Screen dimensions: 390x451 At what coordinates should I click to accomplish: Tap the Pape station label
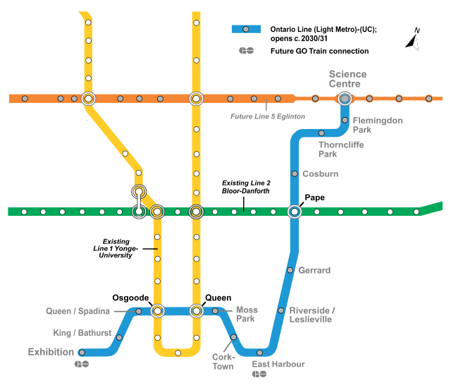[x=314, y=197]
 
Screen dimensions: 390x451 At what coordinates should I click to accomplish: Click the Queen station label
[x=218, y=297]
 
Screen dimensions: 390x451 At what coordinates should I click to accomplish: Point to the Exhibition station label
[x=51, y=352]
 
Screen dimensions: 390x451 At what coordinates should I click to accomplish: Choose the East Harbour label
[x=278, y=364]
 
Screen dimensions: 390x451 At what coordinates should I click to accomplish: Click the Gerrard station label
[x=314, y=270]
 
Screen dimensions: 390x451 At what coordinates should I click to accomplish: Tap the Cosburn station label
[x=321, y=173]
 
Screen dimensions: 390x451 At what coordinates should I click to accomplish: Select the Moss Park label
[x=247, y=315]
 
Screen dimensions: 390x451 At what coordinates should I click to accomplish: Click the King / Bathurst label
[x=82, y=333]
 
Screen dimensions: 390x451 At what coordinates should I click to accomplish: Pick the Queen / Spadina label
[x=78, y=311]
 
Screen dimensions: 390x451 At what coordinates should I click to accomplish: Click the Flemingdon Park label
[x=377, y=125]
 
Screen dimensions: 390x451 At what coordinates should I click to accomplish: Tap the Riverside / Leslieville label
[x=312, y=315]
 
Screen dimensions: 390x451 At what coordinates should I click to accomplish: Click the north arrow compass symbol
[x=414, y=39]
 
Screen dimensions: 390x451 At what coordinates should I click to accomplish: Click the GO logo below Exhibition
[x=83, y=365]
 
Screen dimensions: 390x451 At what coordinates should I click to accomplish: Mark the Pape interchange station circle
[x=295, y=211]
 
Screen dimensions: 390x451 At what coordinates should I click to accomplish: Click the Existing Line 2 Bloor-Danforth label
[x=246, y=187]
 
